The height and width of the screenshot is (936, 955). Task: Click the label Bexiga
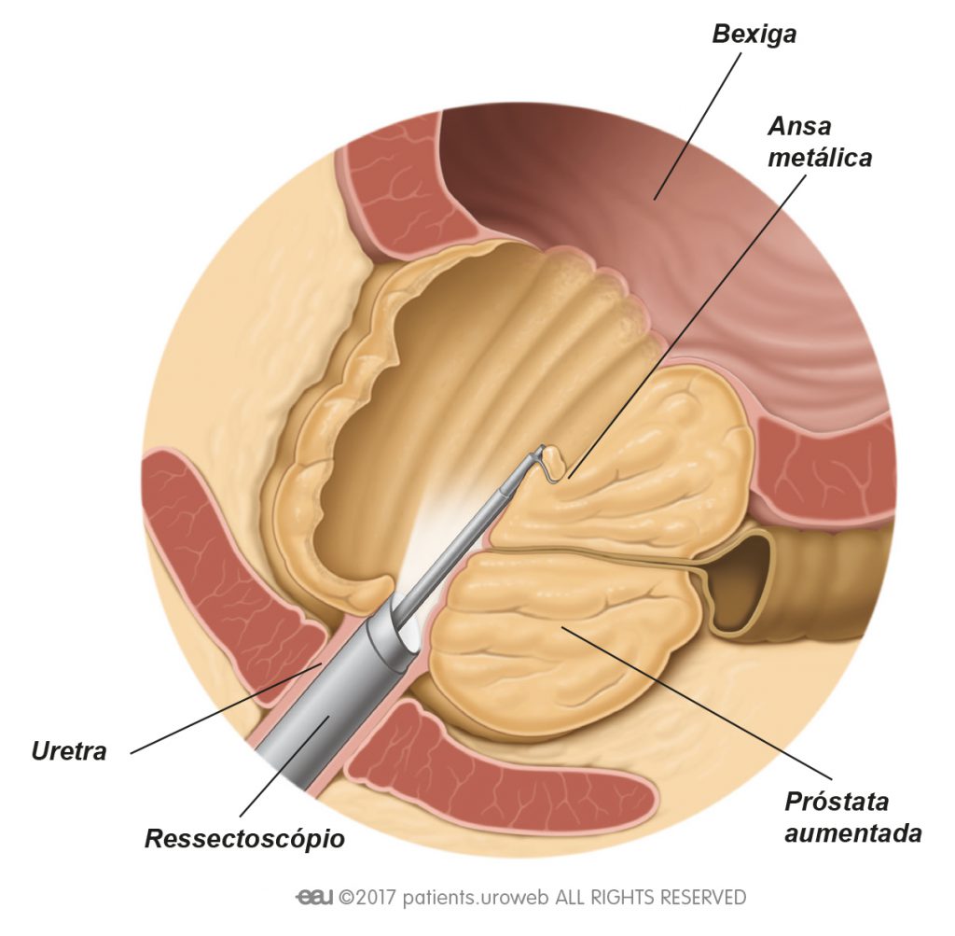754,35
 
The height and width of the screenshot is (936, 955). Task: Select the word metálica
820,158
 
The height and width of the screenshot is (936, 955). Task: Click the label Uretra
69,751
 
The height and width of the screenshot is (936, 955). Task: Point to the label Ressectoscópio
245,839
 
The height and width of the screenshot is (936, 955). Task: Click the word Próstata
837,801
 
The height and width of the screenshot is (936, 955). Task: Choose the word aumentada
852,832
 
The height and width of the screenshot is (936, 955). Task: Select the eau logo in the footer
314,898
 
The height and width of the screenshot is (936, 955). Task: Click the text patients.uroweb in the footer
476,898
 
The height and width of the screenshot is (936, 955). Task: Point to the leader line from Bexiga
698,126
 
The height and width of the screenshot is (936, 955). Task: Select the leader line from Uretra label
226,709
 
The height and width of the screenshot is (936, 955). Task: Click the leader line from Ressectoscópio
285,766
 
